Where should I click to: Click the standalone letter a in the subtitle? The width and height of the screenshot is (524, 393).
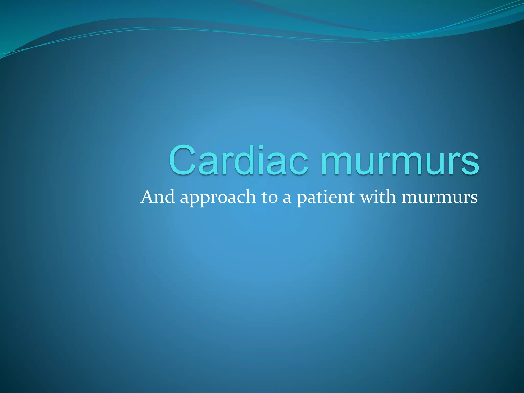pyautogui.click(x=287, y=199)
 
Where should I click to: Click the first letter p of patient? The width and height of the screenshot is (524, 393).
pyautogui.click(x=302, y=200)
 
